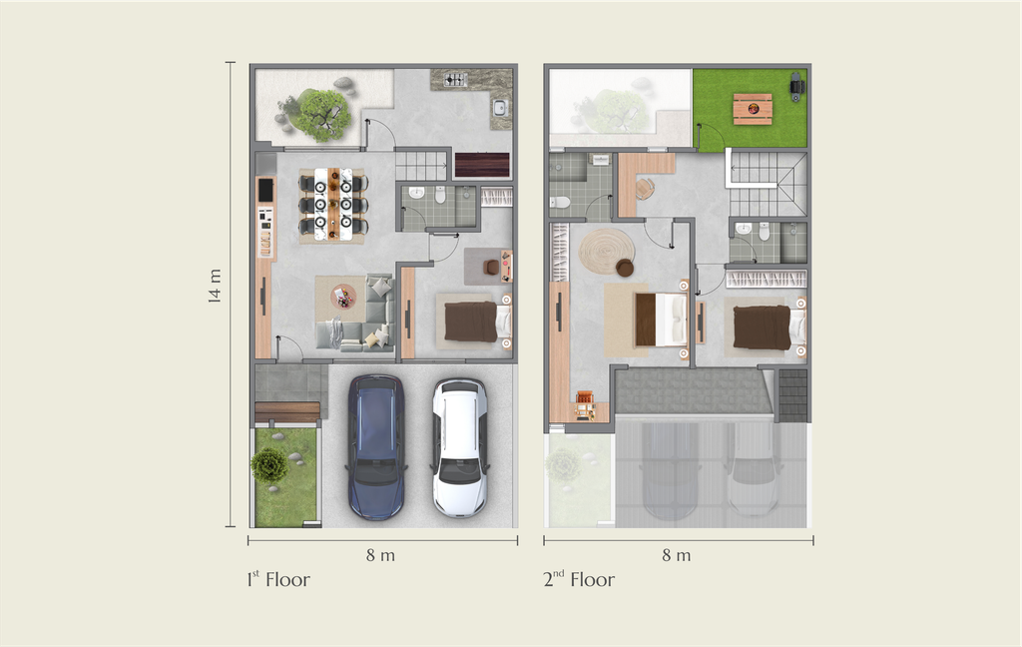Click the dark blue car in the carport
click(x=376, y=446)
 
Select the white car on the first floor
click(x=459, y=447)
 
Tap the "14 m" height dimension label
click(x=215, y=286)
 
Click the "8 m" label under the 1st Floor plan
click(x=380, y=555)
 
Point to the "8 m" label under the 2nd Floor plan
click(x=677, y=555)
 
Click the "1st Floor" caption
click(x=278, y=579)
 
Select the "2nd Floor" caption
click(x=579, y=579)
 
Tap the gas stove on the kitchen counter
click(x=455, y=80)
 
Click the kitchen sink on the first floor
click(x=500, y=107)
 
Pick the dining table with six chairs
click(x=333, y=205)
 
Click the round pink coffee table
click(x=343, y=297)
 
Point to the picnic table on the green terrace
click(x=753, y=109)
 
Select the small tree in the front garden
click(x=268, y=465)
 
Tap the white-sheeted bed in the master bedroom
click(x=661, y=320)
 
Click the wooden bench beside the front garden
click(x=287, y=412)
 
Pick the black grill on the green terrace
click(x=796, y=87)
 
